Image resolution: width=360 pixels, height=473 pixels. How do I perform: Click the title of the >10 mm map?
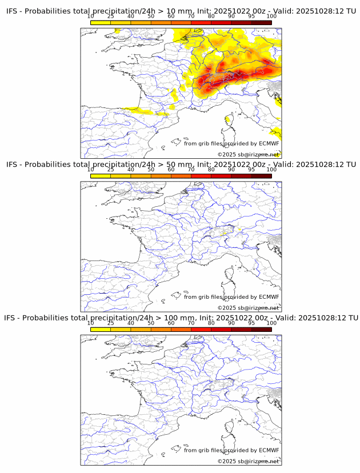tap(181, 11)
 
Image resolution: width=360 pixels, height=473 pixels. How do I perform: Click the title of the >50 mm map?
tap(181, 165)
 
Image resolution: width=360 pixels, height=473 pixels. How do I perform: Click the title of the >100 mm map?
tap(181, 318)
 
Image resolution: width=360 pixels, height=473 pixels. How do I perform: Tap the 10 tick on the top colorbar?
tap(91, 17)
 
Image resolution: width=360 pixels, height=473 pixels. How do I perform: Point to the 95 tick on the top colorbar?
tap(251, 17)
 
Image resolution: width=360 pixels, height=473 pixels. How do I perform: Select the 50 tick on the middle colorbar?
tap(151, 170)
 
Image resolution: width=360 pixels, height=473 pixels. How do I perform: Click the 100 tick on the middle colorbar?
tap(271, 170)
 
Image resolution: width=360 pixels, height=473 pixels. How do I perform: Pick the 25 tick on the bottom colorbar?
tap(111, 323)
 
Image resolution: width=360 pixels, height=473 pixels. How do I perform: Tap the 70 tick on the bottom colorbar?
tap(191, 323)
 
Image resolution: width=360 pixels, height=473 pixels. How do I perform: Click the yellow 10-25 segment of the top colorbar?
tap(101, 22)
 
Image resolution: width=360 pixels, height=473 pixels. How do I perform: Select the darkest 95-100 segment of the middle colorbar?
tap(261, 176)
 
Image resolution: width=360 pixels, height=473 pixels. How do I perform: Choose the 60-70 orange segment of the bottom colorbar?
tap(181, 330)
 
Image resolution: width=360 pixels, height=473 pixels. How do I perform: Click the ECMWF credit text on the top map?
tap(231, 143)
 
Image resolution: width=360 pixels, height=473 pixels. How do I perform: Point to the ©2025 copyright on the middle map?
tap(248, 308)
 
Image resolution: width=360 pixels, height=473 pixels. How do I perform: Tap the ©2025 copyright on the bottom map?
tap(248, 461)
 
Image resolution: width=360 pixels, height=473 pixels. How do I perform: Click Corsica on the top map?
tap(229, 121)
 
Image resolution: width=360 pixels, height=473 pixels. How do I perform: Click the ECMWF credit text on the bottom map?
tap(231, 450)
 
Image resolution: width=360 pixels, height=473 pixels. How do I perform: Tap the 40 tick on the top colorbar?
tap(131, 17)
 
